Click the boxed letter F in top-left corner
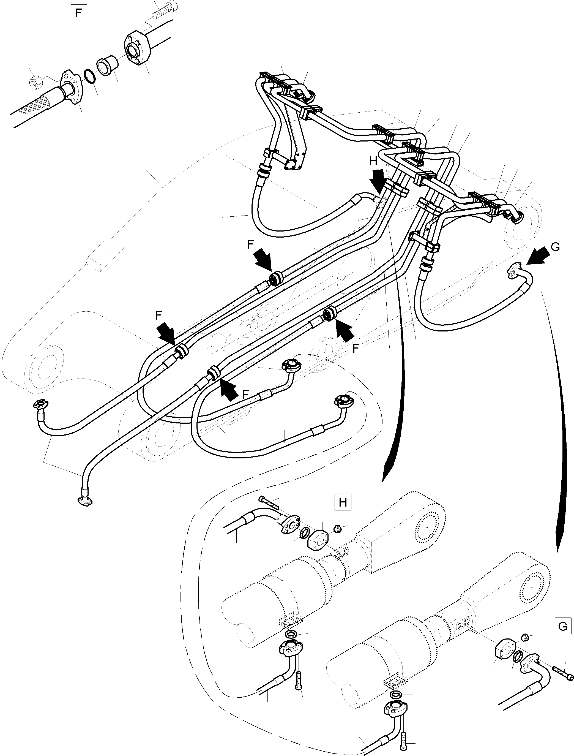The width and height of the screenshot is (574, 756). tap(79, 13)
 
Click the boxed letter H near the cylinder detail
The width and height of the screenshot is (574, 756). tap(343, 502)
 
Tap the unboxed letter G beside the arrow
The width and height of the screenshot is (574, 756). tap(556, 247)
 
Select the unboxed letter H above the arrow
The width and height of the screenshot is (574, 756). tap(373, 161)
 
